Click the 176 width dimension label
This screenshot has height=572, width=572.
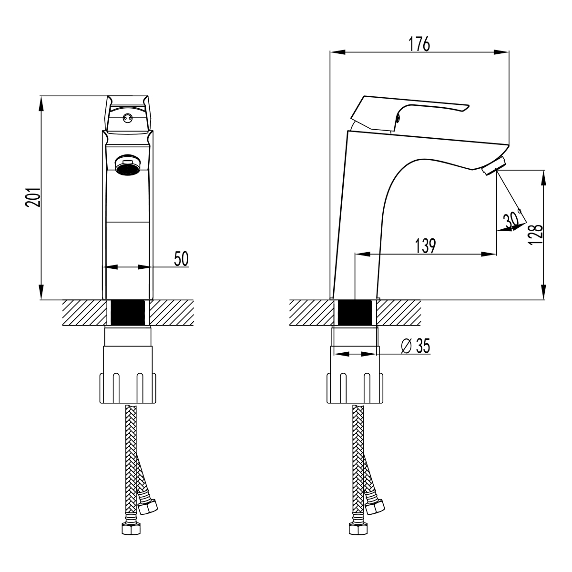pos(419,43)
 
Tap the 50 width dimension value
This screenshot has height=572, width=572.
pos(181,258)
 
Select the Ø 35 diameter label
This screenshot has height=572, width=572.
pos(415,346)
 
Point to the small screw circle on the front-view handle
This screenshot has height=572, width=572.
pos(127,117)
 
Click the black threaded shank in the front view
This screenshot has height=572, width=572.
pos(127,313)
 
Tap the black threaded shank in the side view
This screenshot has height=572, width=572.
pos(354,313)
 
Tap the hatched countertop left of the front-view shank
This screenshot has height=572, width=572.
pos(83,313)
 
